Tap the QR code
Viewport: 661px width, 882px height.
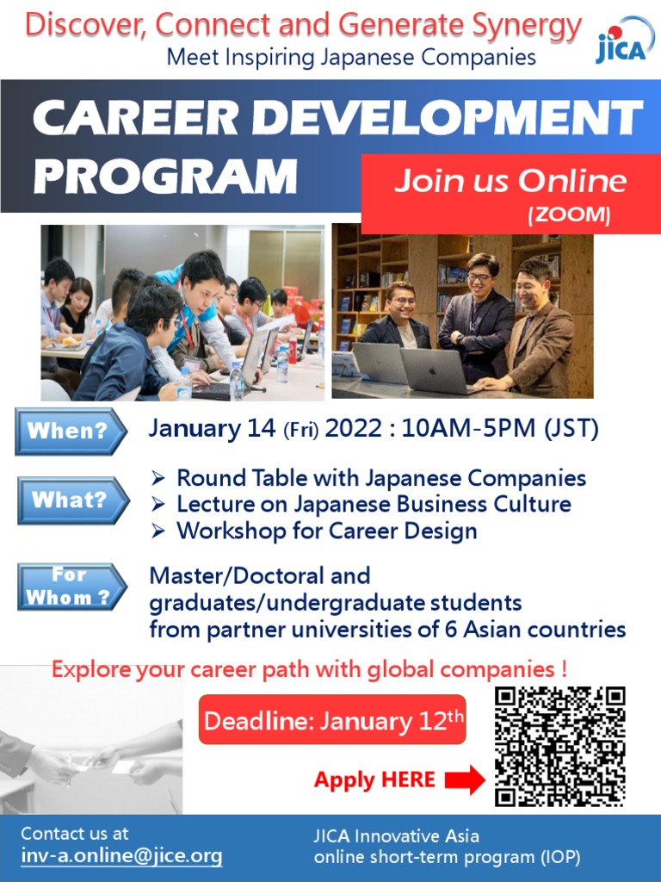pyautogui.click(x=560, y=746)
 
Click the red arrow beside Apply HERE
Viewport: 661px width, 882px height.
pyautogui.click(x=465, y=780)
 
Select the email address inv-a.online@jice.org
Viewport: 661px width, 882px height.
pyautogui.click(x=121, y=856)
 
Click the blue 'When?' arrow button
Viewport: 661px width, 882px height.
pyautogui.click(x=71, y=432)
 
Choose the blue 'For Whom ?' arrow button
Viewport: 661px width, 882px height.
pyautogui.click(x=71, y=587)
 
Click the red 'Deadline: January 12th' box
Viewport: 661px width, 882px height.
pyautogui.click(x=332, y=720)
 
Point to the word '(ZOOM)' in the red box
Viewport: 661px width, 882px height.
pyautogui.click(x=569, y=215)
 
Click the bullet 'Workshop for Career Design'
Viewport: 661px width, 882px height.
pyautogui.click(x=326, y=531)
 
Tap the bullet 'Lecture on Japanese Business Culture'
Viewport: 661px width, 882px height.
pyautogui.click(x=374, y=504)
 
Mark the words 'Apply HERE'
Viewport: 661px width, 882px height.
pyautogui.click(x=374, y=780)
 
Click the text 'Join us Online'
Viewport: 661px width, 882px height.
pyautogui.click(x=510, y=182)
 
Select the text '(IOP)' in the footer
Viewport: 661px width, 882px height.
pyautogui.click(x=560, y=857)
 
